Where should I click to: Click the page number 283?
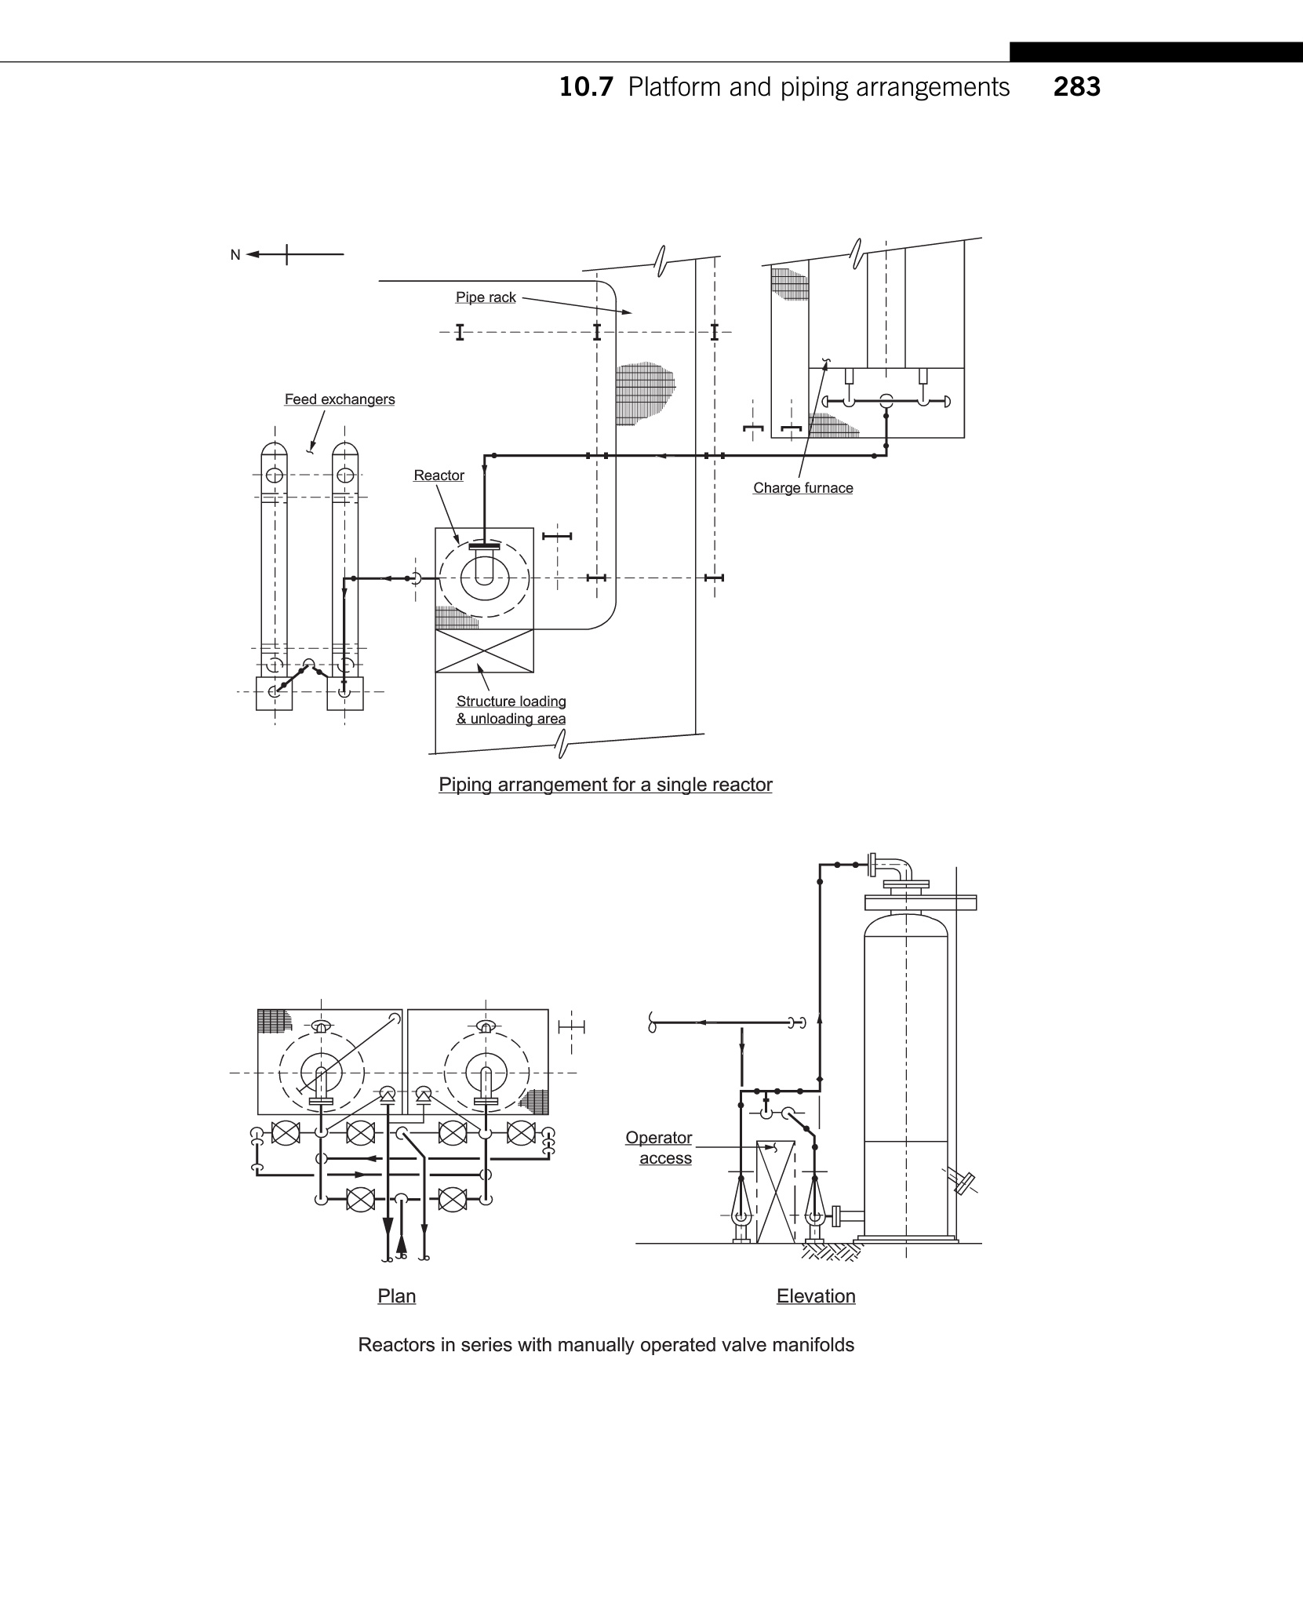[x=1077, y=86]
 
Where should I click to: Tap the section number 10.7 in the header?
[x=585, y=86]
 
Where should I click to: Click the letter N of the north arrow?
[x=235, y=255]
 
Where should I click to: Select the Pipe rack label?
[x=486, y=297]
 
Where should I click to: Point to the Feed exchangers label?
[x=340, y=399]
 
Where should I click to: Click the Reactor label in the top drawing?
[x=439, y=476]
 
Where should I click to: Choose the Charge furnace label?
[x=803, y=488]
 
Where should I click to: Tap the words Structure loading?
[x=511, y=701]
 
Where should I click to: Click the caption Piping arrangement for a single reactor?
[x=606, y=785]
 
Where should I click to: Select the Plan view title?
[x=397, y=1295]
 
